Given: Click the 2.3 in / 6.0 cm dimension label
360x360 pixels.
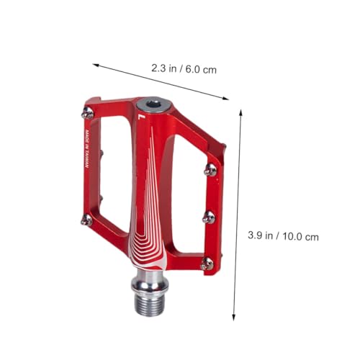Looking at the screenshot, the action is [x=184, y=69].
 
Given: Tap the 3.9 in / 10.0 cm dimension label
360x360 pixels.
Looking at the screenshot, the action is [x=283, y=236].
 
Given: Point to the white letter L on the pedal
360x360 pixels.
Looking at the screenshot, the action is [x=141, y=117].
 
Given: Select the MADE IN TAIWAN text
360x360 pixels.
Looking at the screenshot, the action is [x=87, y=149].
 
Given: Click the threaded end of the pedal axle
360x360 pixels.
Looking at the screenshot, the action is [x=149, y=305].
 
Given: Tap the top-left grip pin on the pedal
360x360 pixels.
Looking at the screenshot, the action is [x=88, y=113].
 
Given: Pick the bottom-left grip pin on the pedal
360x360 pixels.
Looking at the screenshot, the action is [x=86, y=220].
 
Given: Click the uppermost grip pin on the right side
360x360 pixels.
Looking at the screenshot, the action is [x=210, y=170].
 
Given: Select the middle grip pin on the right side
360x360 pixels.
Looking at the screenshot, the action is [x=209, y=217].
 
